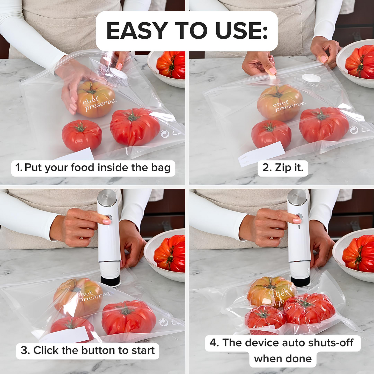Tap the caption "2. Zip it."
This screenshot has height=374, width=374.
point(283,168)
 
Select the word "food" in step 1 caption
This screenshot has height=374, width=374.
point(83,168)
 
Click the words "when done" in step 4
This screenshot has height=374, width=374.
point(283,359)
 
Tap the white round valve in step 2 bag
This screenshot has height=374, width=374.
point(311,78)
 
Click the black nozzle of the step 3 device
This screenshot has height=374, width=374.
point(111,281)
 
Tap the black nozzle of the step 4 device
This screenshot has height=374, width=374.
point(300,281)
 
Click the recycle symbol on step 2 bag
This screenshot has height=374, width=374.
point(354,130)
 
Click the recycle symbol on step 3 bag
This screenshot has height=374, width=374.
point(163,322)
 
